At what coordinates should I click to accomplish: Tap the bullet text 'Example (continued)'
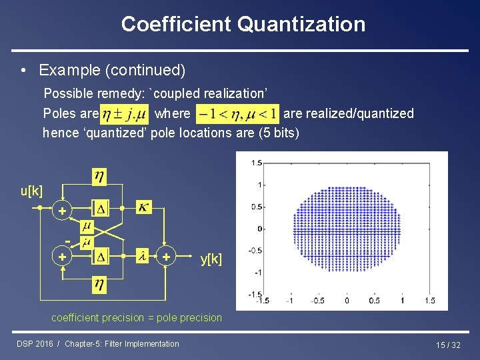[x=112, y=70]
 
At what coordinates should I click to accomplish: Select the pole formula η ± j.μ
[x=125, y=113]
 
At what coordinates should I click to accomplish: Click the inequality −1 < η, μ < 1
[x=237, y=113]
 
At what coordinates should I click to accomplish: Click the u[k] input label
[x=32, y=191]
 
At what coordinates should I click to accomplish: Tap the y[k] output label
[x=211, y=258]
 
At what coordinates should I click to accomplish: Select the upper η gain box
[x=99, y=177]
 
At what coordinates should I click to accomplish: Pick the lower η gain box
[x=99, y=286]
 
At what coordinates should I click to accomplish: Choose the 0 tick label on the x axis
[x=347, y=301]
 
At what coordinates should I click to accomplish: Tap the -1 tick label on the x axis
[x=289, y=301]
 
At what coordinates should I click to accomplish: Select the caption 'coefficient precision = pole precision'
[x=137, y=317]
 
